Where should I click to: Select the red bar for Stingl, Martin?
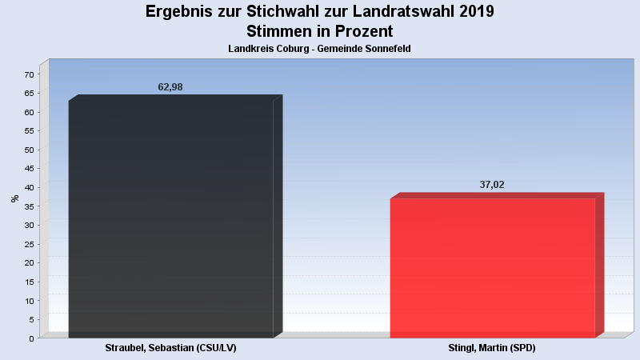492,268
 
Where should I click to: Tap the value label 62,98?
170,87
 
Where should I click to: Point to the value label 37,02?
492,185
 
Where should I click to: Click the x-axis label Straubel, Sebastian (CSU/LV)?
170,349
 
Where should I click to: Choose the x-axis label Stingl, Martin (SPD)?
492,349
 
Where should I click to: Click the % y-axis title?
15,198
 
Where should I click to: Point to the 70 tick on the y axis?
30,74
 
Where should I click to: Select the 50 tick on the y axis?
30,150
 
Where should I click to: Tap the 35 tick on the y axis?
30,206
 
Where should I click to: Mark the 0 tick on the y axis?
32,338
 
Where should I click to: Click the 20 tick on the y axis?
30,262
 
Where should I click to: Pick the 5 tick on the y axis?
32,319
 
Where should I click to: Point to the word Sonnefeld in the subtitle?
387,50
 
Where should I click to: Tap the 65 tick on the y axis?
30,94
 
